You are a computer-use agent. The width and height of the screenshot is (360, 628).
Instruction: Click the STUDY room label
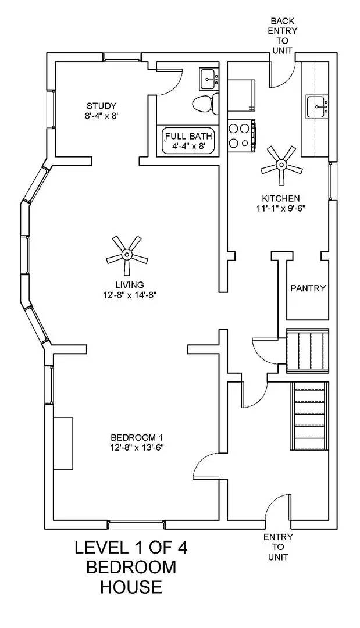[x=101, y=106]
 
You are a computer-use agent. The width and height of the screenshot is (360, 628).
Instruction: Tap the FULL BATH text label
[x=189, y=136]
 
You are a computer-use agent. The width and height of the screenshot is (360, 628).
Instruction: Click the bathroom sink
[x=208, y=78]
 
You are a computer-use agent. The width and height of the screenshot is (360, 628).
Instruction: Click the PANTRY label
[x=308, y=288]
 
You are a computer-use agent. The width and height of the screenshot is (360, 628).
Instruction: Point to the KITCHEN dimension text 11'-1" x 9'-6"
[x=280, y=208]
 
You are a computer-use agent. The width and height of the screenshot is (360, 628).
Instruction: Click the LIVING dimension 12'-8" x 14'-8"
[x=129, y=295]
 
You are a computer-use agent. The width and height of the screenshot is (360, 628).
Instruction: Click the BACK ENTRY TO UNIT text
[x=284, y=35]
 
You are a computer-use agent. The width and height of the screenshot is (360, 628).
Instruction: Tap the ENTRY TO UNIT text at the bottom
[x=278, y=547]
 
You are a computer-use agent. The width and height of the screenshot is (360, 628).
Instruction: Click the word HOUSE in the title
[x=131, y=587]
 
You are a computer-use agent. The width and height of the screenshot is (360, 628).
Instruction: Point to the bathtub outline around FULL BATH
[x=189, y=141]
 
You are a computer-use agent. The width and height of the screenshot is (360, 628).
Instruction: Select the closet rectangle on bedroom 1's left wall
[x=64, y=443]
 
